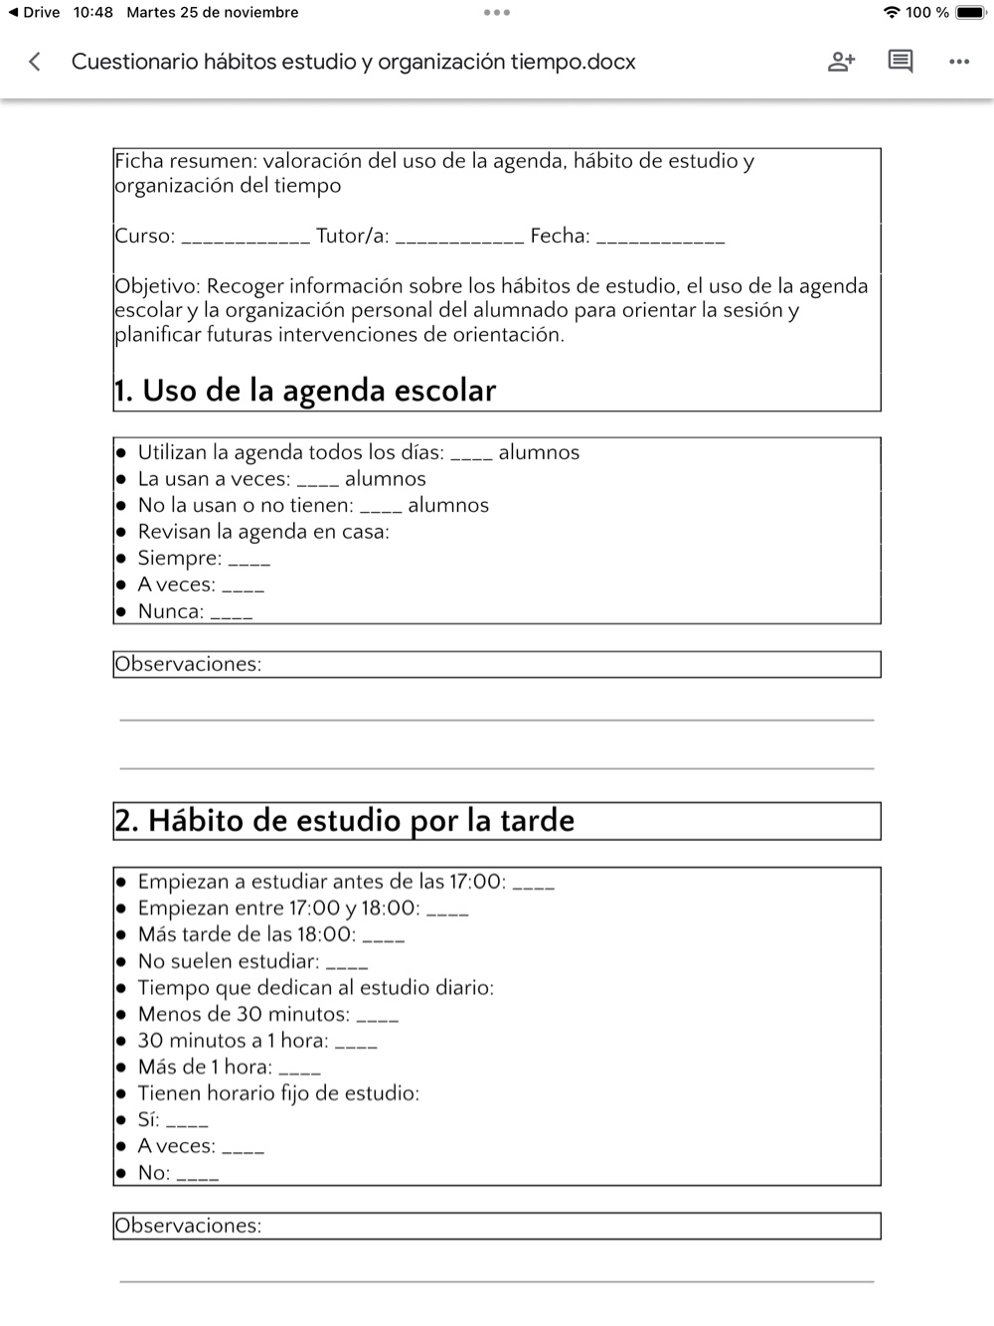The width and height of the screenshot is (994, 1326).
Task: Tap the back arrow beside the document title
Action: coord(35,62)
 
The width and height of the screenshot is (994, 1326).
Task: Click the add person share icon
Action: coord(841,62)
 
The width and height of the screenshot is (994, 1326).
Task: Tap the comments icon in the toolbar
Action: coord(900,62)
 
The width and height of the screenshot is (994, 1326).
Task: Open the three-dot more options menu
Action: coord(958,62)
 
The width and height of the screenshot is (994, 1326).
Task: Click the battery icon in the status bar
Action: coord(969,13)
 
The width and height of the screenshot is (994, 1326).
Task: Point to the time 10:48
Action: coord(93,13)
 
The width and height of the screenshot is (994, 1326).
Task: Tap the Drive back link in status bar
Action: coord(35,13)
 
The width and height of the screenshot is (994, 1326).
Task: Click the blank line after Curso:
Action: coord(246,239)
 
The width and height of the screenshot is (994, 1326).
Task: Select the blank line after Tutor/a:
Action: coord(459,239)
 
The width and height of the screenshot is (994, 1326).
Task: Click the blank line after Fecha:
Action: coord(660,239)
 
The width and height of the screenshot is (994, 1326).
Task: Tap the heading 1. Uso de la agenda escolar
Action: coord(304,391)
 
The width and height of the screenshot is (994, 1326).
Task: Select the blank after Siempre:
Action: coord(249,561)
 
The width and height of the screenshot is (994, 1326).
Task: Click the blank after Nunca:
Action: coord(232,614)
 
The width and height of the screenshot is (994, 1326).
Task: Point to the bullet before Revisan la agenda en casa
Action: coord(121,532)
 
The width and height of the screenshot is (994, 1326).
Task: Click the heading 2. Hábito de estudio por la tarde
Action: coord(344,821)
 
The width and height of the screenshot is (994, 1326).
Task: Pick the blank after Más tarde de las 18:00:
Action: coord(384,937)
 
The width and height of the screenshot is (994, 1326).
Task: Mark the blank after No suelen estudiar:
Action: coord(347,964)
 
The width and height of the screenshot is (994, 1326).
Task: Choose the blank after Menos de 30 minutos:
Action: coord(378,1017)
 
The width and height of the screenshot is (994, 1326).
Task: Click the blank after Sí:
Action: coord(187,1123)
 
